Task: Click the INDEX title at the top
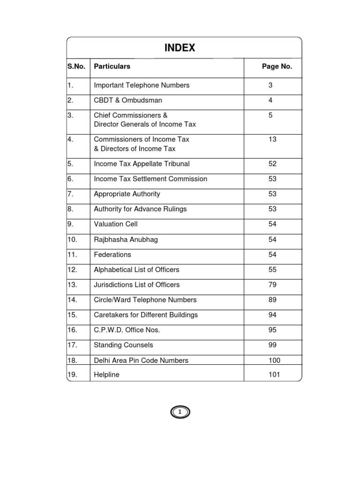(x=180, y=48)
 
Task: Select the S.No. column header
(x=76, y=67)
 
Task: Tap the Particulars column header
(x=112, y=67)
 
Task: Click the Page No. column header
(x=277, y=67)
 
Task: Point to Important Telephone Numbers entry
(x=142, y=85)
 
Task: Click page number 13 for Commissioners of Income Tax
(x=272, y=139)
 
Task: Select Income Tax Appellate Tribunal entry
(x=142, y=164)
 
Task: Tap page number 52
(x=272, y=164)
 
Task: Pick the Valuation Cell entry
(x=116, y=224)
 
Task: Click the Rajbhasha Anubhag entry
(x=126, y=240)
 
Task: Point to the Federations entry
(x=112, y=255)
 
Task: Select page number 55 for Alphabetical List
(x=272, y=270)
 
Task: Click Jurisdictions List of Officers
(x=136, y=285)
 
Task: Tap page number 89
(x=272, y=300)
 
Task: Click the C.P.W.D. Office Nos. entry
(x=127, y=330)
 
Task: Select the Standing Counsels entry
(x=123, y=345)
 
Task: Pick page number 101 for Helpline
(x=274, y=375)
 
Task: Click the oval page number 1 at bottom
(x=180, y=412)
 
